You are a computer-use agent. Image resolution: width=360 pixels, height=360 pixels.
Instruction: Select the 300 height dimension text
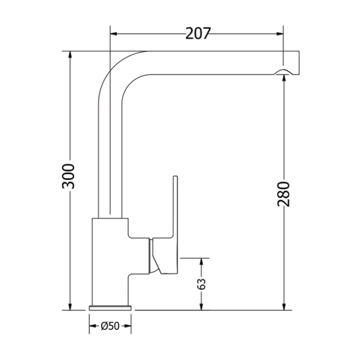[x=69, y=176]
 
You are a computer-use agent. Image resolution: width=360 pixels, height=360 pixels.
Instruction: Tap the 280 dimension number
[x=284, y=194]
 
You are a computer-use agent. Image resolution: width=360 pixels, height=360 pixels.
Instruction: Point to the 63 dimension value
[x=202, y=284]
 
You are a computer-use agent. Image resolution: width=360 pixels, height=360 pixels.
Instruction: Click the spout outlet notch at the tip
[x=283, y=73]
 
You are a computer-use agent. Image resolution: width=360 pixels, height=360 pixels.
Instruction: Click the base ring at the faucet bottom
[x=110, y=307]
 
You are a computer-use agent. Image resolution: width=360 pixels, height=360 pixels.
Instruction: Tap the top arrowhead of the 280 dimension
[x=284, y=78]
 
